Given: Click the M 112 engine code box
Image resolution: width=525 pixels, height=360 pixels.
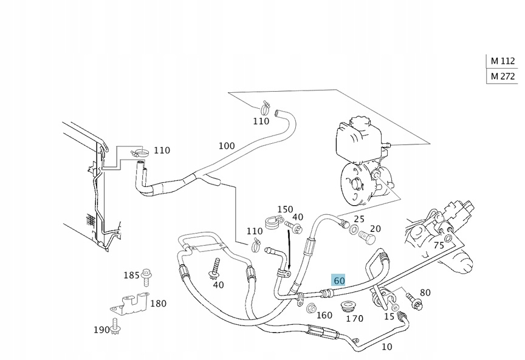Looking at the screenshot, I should pyautogui.click(x=503, y=61).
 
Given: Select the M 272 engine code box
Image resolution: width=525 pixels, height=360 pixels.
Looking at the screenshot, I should pyautogui.click(x=503, y=76).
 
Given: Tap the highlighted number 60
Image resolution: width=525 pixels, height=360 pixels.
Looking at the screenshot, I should pyautogui.click(x=338, y=280).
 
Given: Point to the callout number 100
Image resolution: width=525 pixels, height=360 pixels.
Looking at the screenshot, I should pyautogui.click(x=226, y=146).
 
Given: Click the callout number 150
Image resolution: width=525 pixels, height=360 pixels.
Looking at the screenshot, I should pyautogui.click(x=286, y=209).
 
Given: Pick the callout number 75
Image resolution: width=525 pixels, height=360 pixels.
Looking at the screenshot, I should pyautogui.click(x=438, y=246).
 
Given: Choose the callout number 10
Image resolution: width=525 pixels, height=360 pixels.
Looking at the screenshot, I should pyautogui.click(x=386, y=347).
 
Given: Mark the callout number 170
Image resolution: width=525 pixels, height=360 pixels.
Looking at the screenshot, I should pyautogui.click(x=354, y=318).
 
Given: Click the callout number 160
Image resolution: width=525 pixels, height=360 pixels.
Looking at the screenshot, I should pyautogui.click(x=324, y=315).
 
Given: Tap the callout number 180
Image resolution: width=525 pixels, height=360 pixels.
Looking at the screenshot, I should pyautogui.click(x=158, y=304).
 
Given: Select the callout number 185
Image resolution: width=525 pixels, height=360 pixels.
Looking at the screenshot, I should pyautogui.click(x=131, y=276).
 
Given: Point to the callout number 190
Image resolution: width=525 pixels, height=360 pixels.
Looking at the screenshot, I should pyautogui.click(x=102, y=330).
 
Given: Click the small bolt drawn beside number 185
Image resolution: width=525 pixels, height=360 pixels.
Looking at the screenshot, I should pyautogui.click(x=146, y=277).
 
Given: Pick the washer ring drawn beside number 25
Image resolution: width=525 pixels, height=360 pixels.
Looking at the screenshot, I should pyautogui.click(x=354, y=229).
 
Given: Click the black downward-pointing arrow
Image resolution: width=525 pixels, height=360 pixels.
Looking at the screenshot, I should pyautogui.click(x=290, y=252).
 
